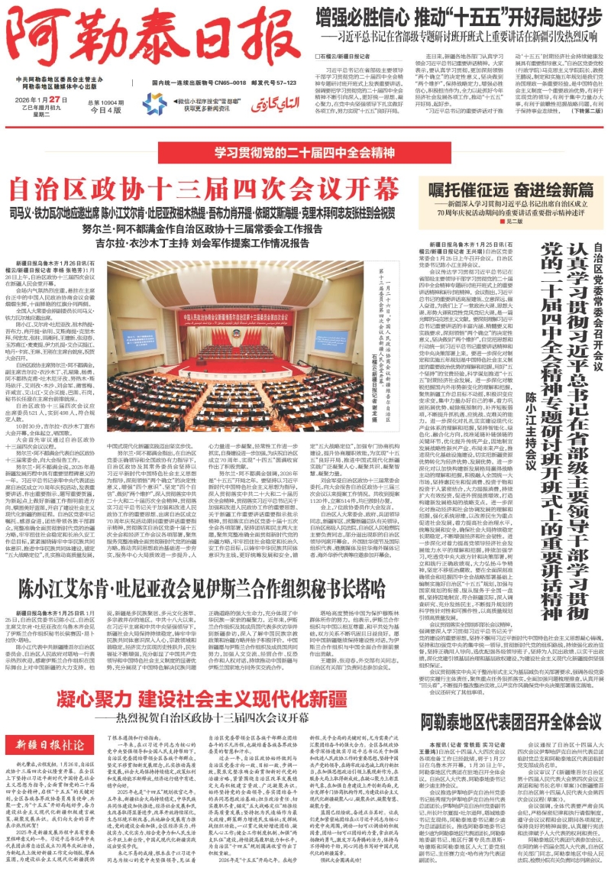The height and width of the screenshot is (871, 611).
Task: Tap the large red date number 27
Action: [x=63, y=100]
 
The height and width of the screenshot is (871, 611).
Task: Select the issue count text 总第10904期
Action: [x=105, y=101]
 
